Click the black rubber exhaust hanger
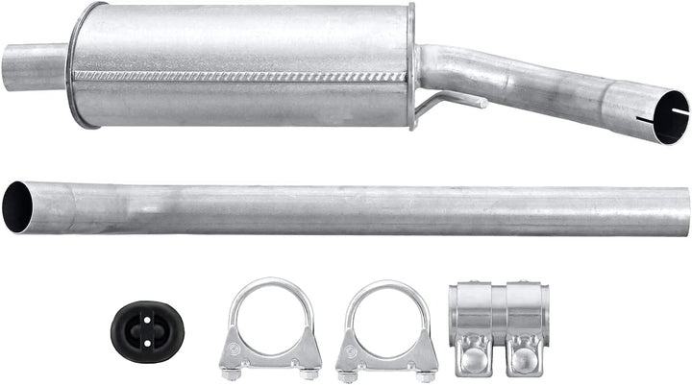coord(147,329)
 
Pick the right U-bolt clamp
coord(386,326)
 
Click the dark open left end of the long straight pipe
coord(16,206)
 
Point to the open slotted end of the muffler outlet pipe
coord(666,117)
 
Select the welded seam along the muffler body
coord(240,75)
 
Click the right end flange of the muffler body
coord(411,65)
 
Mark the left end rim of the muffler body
coord(77,65)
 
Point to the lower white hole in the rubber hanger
coord(147,338)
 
